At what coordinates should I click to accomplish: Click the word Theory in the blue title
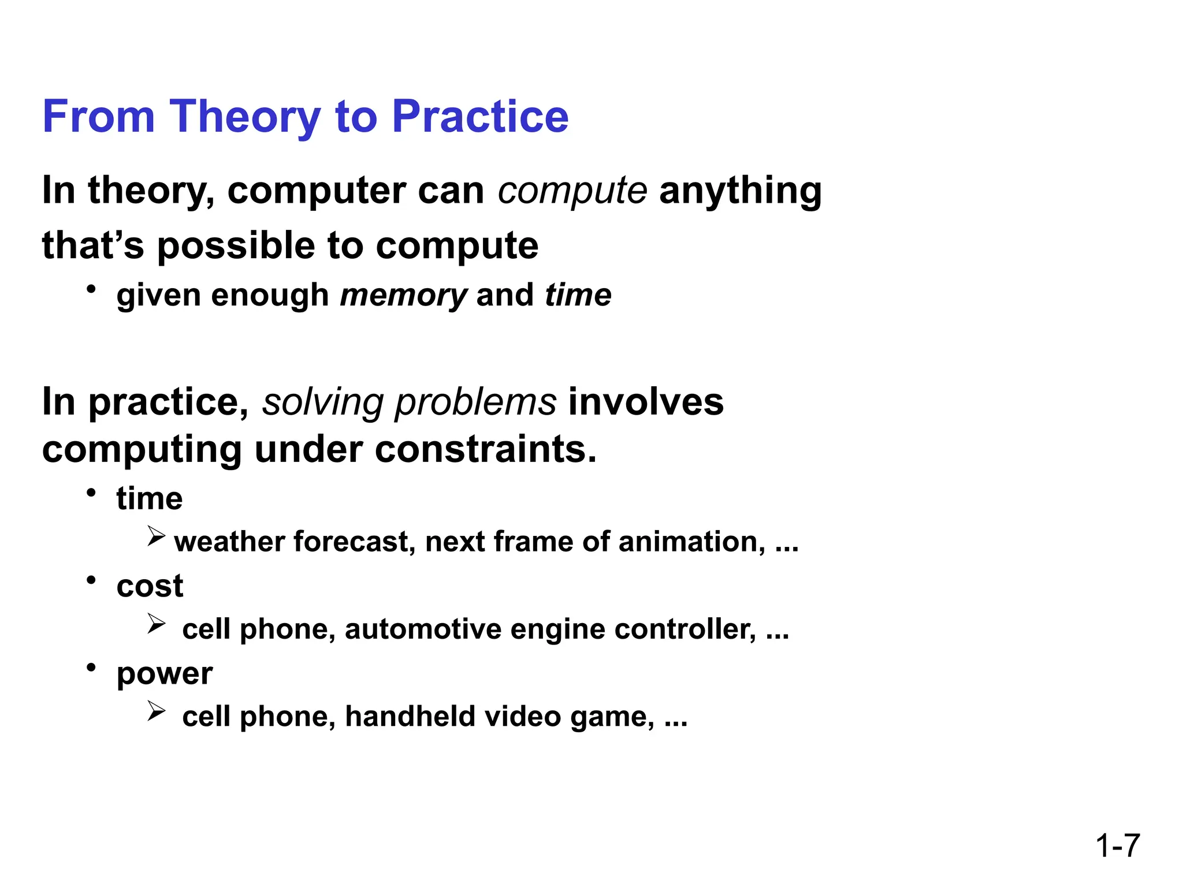tap(245, 117)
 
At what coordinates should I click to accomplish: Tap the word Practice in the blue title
tap(480, 117)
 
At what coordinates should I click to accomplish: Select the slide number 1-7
tap(1117, 846)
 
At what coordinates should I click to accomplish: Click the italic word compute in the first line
tap(572, 191)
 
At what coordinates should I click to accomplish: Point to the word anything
tap(740, 191)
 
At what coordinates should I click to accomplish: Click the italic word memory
tap(403, 296)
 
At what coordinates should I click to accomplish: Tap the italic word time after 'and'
tap(578, 295)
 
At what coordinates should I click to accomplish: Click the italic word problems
tap(475, 403)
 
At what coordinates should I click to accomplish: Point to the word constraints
tap(485, 450)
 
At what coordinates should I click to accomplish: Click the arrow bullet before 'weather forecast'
tap(156, 536)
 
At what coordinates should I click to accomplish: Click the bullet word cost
tap(150, 586)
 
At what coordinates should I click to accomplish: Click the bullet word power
tap(165, 674)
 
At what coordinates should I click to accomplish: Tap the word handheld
tap(410, 717)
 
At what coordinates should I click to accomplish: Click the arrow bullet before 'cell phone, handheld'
tap(156, 711)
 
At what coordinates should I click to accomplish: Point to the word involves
tap(646, 402)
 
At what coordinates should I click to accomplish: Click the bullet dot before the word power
tap(91, 668)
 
